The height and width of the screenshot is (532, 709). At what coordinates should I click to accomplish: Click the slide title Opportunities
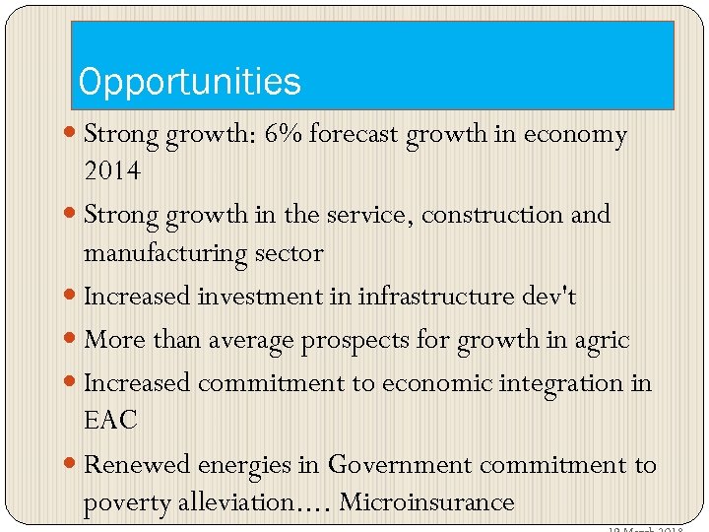pos(190,82)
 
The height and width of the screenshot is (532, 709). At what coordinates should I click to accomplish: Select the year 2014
pos(112,171)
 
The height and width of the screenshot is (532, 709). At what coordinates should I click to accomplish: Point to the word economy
pos(576,134)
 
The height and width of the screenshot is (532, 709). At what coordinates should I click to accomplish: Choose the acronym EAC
pos(110,421)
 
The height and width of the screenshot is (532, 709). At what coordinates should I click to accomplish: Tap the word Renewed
pos(137,464)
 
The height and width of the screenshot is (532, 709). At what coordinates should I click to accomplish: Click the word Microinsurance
pos(426,502)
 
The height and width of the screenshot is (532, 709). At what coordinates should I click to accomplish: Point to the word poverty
pos(121,502)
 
